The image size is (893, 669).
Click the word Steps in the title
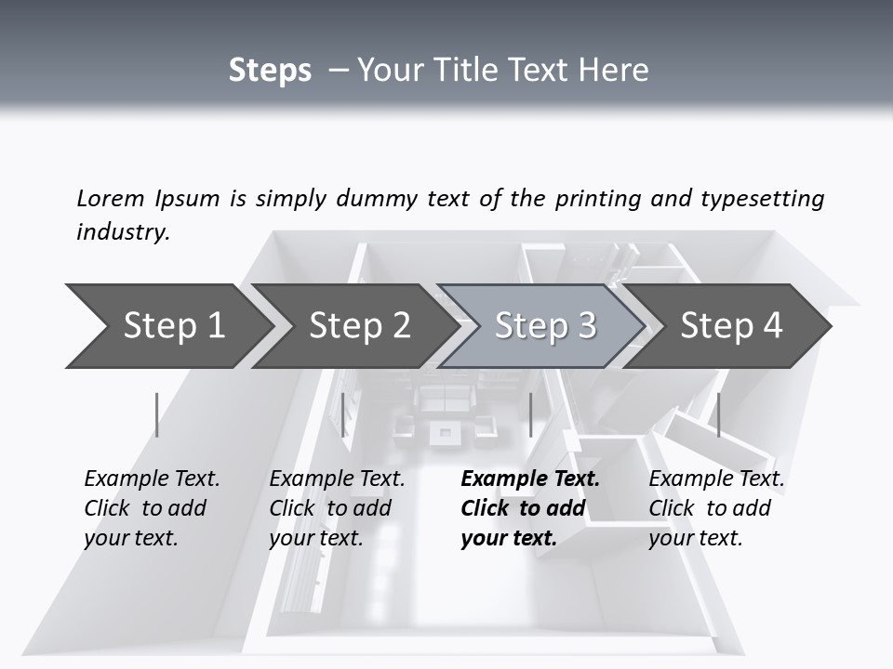click(270, 71)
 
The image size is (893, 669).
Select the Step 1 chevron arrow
click(167, 326)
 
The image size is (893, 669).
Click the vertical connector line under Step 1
click(157, 414)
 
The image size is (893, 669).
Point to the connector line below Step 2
click(343, 414)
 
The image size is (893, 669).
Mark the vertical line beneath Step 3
click(530, 414)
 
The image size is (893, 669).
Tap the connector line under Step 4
click(719, 414)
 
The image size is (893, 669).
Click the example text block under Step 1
click(152, 508)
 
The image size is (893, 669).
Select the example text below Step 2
click(337, 508)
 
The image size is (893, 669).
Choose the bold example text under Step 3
click(530, 508)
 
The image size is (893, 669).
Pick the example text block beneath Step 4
click(716, 508)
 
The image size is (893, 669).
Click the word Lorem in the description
click(111, 199)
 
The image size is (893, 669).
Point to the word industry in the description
click(122, 232)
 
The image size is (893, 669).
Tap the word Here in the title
click(613, 71)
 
